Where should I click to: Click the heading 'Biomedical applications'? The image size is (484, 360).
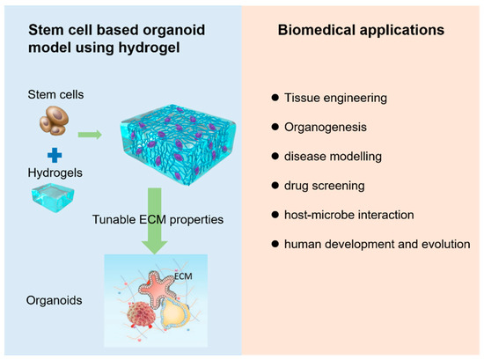tap(361, 29)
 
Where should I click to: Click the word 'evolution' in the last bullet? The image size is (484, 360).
tap(444, 244)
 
